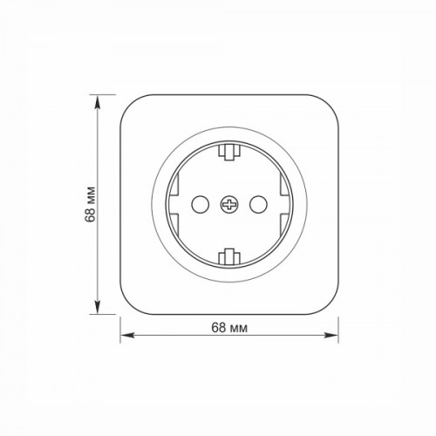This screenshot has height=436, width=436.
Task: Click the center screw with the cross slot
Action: tap(229, 205)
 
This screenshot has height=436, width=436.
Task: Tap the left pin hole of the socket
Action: tap(201, 205)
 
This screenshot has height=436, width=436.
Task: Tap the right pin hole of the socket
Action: tap(258, 205)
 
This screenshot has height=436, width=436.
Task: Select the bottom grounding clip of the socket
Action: tap(229, 257)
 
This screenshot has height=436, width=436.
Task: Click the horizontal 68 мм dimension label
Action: tap(229, 328)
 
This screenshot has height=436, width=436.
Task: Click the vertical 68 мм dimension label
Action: tap(91, 204)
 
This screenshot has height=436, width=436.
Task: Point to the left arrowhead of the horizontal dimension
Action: tap(127, 335)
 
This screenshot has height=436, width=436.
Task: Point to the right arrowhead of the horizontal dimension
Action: tap(331, 335)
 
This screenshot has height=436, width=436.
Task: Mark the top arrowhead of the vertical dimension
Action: tap(98, 102)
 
